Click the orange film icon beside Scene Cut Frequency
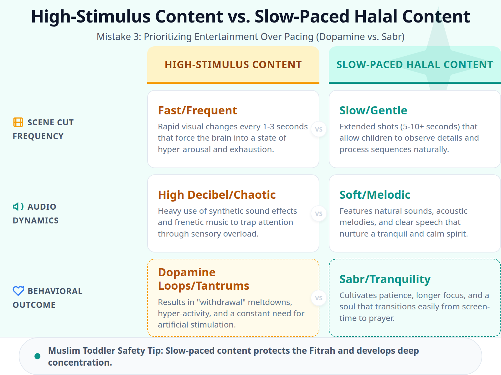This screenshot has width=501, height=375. click(18, 122)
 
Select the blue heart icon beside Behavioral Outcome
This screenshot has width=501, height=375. click(18, 291)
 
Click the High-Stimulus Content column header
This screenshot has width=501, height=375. click(233, 65)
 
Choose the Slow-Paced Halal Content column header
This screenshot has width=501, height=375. click(415, 65)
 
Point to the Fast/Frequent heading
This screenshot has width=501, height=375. click(197, 111)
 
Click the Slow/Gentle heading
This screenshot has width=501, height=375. click(373, 111)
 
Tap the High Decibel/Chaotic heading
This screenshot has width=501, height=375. click(217, 195)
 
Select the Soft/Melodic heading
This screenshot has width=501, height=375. click(375, 195)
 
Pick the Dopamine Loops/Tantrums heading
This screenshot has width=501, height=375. click(204, 279)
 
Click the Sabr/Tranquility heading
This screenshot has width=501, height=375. click(385, 279)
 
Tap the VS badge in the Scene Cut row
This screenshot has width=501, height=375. click(319, 129)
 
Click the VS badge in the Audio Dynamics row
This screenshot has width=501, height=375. click(319, 214)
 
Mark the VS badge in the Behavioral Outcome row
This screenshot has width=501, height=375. click(319, 298)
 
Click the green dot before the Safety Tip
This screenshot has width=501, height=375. click(38, 356)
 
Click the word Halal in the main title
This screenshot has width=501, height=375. click(376, 17)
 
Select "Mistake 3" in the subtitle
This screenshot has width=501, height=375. click(118, 37)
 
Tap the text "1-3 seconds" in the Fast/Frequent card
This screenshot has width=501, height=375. click(285, 127)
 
